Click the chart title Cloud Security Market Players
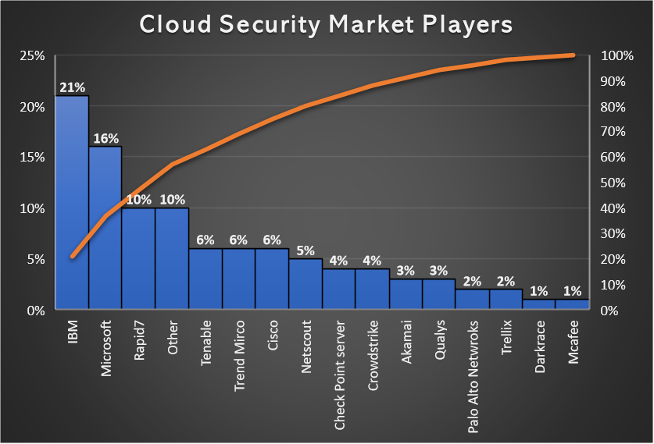(x=326, y=24)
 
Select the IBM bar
(x=72, y=203)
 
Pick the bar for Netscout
(x=306, y=284)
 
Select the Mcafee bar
(x=573, y=304)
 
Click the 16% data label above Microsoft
(x=105, y=138)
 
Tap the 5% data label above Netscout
(x=306, y=250)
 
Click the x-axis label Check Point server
(x=340, y=363)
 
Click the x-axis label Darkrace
(x=540, y=344)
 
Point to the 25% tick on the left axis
(x=32, y=56)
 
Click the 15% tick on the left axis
(x=32, y=158)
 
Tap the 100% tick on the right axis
(x=615, y=56)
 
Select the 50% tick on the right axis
(x=612, y=183)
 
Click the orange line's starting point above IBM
(x=72, y=257)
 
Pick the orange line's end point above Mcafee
(x=573, y=55)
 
